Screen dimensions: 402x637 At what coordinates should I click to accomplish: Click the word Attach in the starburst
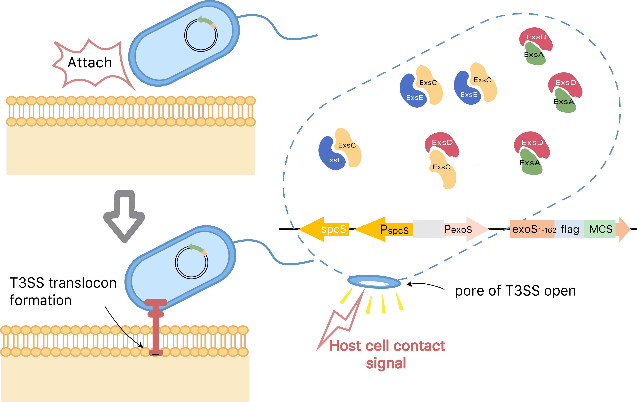pyautogui.click(x=90, y=63)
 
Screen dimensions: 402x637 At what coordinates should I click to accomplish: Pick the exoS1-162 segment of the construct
pyautogui.click(x=532, y=229)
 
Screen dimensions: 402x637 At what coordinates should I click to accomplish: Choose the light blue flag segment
pyautogui.click(x=569, y=229)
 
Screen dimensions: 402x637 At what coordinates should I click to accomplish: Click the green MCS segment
pyautogui.click(x=600, y=229)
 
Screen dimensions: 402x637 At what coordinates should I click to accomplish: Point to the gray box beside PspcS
pyautogui.click(x=428, y=229)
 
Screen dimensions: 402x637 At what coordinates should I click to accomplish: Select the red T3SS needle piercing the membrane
pyautogui.click(x=156, y=328)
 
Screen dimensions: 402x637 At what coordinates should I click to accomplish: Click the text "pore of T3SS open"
pyautogui.click(x=515, y=291)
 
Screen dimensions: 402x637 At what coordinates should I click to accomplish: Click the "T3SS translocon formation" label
pyautogui.click(x=63, y=291)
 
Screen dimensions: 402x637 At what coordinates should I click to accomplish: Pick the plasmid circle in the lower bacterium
pyautogui.click(x=191, y=262)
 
